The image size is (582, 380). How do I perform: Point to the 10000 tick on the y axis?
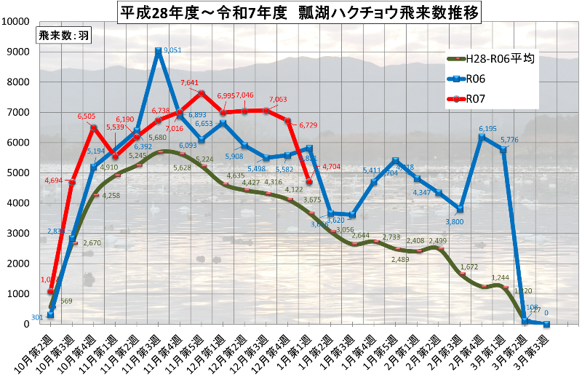click(15, 21)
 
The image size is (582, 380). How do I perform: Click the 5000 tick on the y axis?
click(17, 173)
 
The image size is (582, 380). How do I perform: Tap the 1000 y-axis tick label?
click(17, 294)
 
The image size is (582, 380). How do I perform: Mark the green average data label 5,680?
click(159, 137)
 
